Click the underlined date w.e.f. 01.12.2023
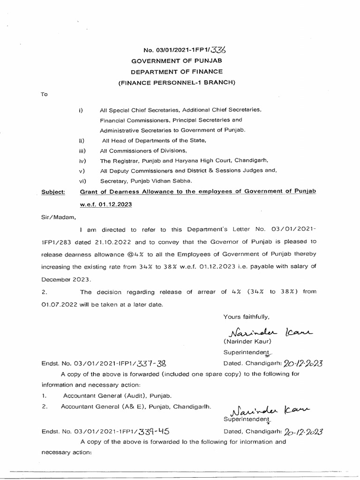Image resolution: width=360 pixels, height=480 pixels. [x=105, y=205]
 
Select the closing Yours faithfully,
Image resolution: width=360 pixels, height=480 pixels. [x=246, y=317]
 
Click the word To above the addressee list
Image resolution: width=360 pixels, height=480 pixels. [x=45, y=94]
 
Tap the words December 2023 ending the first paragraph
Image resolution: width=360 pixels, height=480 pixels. [x=60, y=279]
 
